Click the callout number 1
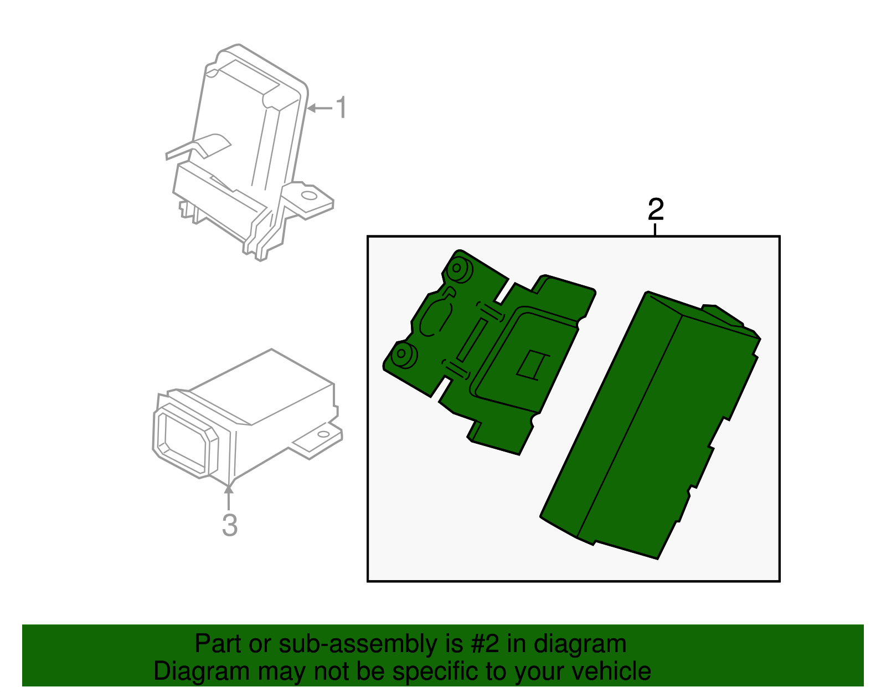(341, 107)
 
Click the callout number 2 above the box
(656, 209)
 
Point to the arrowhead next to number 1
(312, 108)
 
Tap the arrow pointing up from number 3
(229, 497)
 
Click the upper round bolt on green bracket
(459, 269)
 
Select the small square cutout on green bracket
(532, 365)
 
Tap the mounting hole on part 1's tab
(309, 196)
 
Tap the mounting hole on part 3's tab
(323, 434)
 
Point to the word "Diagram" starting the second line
(202, 672)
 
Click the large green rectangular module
(650, 424)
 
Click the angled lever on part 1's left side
(198, 147)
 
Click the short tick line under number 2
(655, 229)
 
